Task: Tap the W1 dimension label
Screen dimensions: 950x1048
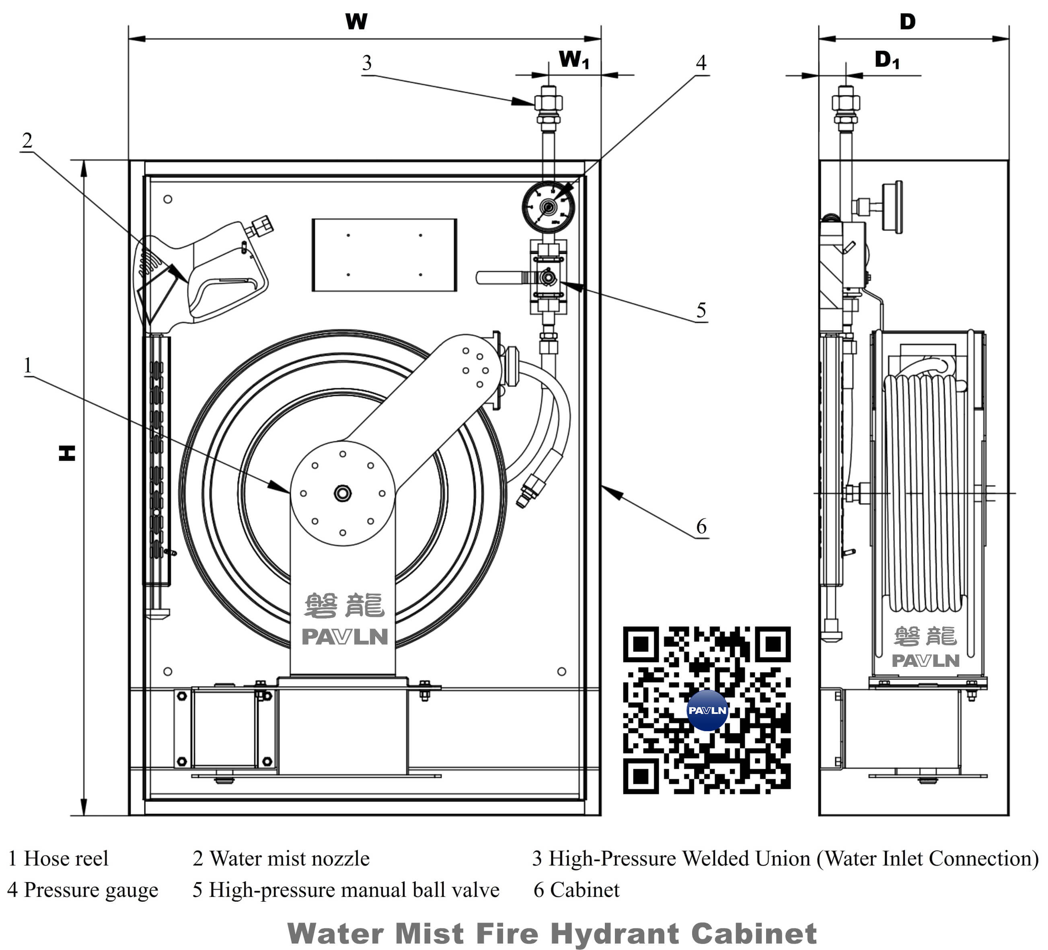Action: [x=574, y=60]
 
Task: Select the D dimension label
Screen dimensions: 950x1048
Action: [x=907, y=22]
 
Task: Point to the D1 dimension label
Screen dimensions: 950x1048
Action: [x=887, y=60]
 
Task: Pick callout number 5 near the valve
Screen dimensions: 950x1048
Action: [x=701, y=310]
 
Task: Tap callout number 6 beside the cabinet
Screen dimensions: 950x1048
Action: [x=701, y=527]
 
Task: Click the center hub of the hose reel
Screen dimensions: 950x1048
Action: [x=343, y=493]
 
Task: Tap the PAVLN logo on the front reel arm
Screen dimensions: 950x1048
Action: [x=345, y=636]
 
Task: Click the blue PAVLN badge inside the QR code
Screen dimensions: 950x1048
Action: [x=707, y=710]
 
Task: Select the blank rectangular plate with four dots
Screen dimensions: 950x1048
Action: [x=384, y=255]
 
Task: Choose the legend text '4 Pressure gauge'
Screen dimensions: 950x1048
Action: [x=83, y=890]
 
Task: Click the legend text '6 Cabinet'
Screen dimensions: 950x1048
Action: [x=577, y=890]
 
